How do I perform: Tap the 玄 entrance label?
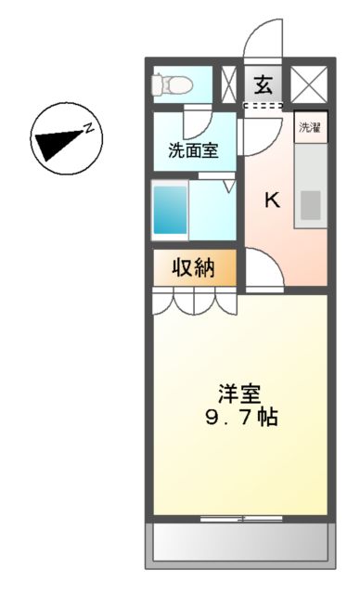264,85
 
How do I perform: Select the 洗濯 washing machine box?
309,128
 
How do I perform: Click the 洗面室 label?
193,151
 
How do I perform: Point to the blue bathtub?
170,210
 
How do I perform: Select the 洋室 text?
238,391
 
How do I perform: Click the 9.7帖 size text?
240,417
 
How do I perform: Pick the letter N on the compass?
89,129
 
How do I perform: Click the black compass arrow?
58,143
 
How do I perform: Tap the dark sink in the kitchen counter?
309,203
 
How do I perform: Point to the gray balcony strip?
239,540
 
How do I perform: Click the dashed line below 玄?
264,106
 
